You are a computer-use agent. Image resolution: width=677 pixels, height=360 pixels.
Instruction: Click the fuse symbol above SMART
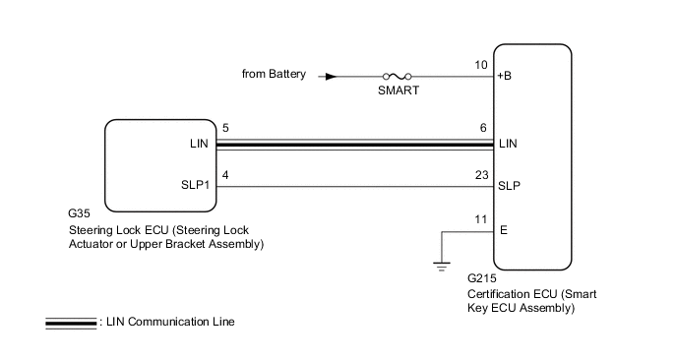click(x=397, y=77)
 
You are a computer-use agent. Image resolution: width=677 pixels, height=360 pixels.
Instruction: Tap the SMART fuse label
click(x=399, y=90)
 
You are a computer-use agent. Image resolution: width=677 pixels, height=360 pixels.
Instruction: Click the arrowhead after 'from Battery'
click(x=331, y=77)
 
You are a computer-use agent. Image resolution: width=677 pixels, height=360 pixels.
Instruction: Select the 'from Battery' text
click(x=274, y=74)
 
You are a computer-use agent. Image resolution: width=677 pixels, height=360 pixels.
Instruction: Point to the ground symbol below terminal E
click(x=441, y=267)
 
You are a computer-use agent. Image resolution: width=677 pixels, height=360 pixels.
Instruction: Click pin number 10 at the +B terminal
click(x=481, y=65)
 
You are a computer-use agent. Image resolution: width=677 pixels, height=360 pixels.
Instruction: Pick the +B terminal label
click(x=504, y=76)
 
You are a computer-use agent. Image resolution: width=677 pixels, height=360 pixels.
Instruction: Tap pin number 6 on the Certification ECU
click(x=483, y=128)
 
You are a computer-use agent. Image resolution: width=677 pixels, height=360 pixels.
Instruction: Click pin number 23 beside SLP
click(x=482, y=175)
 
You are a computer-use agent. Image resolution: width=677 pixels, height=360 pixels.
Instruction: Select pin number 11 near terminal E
click(x=481, y=219)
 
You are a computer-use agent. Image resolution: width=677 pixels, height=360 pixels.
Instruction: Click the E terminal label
click(x=504, y=230)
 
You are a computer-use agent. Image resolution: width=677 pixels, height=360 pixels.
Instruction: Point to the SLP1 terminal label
click(x=195, y=185)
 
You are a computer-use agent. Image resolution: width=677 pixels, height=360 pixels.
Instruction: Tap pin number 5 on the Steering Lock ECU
click(x=225, y=128)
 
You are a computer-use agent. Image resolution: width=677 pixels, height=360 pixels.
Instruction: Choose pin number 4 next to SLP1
click(x=225, y=175)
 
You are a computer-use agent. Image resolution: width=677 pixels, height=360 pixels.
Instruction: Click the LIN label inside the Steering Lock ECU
click(x=199, y=144)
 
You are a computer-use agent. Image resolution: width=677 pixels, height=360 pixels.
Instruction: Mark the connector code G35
click(x=79, y=213)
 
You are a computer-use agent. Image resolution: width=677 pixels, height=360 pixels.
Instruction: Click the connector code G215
click(x=482, y=278)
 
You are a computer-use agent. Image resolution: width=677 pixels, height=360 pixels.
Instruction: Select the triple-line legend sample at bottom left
click(x=71, y=323)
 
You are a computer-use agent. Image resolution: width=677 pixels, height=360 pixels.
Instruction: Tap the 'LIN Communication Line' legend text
click(x=170, y=322)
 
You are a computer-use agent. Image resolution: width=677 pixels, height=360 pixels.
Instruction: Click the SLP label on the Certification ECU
click(x=509, y=186)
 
